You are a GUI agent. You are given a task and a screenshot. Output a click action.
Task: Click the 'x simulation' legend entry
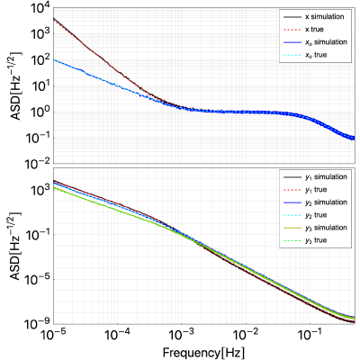pos(314,16)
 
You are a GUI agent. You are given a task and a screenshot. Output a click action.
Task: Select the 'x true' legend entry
pos(303,30)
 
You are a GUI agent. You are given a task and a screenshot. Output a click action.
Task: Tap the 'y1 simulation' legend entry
pos(315,177)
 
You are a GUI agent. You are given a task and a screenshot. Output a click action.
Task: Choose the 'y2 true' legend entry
pos(305,215)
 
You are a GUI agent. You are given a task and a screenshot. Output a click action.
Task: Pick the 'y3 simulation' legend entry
pos(315,228)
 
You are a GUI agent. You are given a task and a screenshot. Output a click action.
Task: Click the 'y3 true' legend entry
pos(305,240)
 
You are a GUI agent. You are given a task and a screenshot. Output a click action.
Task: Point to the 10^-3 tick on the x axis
pos(182,335)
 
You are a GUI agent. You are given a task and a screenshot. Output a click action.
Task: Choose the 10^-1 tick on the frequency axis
pos(310,335)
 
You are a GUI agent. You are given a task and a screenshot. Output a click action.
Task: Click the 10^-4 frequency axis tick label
pos(117,335)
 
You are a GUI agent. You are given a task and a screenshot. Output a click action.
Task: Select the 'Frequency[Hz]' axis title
pos(203,352)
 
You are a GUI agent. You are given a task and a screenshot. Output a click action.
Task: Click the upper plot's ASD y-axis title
pos(16,86)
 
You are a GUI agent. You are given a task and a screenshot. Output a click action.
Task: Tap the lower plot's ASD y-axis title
pos(16,246)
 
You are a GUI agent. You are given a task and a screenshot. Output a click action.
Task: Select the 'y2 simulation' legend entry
pos(315,202)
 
